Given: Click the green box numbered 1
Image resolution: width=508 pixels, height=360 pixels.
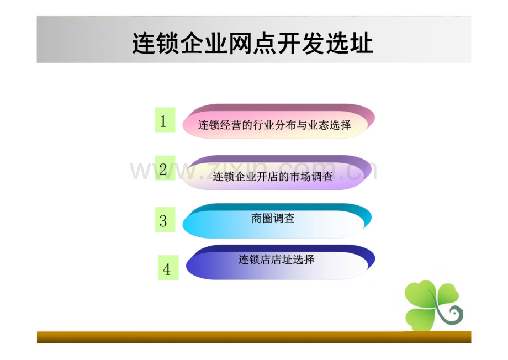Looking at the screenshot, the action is pos(165,120).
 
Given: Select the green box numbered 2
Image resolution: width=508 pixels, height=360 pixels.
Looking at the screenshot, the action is pos(165,168).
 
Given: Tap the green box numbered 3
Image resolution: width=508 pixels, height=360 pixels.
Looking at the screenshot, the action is pos(165,220).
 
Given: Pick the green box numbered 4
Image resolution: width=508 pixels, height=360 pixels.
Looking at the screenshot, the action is pos(168,268).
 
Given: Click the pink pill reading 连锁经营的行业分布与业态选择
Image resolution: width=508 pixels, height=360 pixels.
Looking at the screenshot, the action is pos(279,121).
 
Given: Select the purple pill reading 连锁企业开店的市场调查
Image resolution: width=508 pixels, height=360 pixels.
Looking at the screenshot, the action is pos(277,173).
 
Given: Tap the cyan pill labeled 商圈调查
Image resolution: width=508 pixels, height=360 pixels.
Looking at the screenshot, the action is pos(277,221).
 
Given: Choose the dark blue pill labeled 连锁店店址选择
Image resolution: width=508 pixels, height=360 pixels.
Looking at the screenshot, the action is pos(281,262).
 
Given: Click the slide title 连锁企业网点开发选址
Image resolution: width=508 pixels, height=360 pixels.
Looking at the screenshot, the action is pos(253,44).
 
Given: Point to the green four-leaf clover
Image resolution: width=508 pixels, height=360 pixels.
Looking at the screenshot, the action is pos(432,305).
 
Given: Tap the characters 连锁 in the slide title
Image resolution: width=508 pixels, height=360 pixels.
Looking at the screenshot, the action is pos(156,44).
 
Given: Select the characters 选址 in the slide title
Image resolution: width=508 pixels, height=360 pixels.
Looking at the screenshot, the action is pos(350,44).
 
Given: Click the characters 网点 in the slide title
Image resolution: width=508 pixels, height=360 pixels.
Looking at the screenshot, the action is pos(253,44).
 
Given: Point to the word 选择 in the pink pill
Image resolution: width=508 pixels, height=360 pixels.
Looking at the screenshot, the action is pos(340,125).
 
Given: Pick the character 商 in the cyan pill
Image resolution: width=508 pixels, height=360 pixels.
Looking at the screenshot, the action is pos(257,219).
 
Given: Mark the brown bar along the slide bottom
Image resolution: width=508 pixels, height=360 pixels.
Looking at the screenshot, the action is pos(254,337).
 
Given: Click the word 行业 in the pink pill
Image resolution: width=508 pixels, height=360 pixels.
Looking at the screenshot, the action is pos(264,125).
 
